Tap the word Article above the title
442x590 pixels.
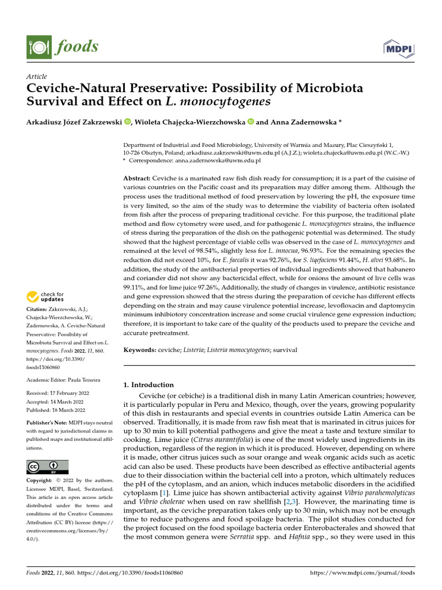pyautogui.click(x=37, y=77)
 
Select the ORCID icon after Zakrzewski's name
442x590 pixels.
pyautogui.click(x=127, y=122)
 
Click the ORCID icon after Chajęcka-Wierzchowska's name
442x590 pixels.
pyautogui.click(x=250, y=122)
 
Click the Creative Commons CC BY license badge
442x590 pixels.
pyautogui.click(x=47, y=467)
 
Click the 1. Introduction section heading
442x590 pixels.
pyautogui.click(x=149, y=384)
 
